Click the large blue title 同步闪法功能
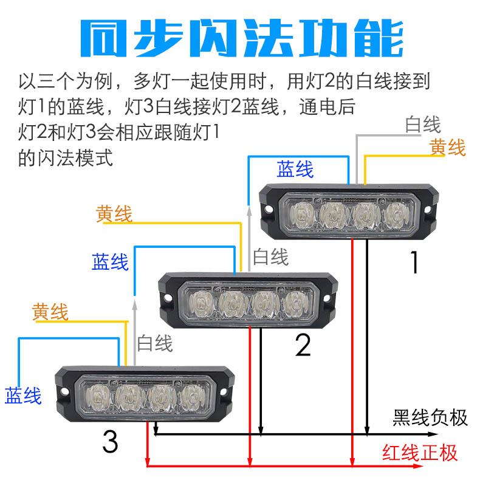[241, 37]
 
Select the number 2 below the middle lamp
[303, 345]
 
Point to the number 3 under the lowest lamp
[110, 442]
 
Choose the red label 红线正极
[420, 453]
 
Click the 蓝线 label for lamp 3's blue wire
[23, 396]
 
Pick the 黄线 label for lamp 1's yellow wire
[447, 147]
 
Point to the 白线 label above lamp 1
[423, 125]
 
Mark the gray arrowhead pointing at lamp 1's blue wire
[249, 208]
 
